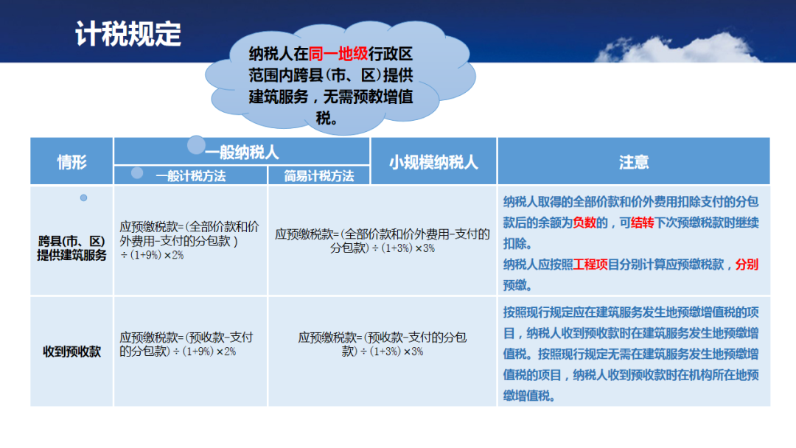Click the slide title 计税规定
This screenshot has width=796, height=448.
pyautogui.click(x=128, y=34)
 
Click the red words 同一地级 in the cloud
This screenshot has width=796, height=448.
pyautogui.click(x=338, y=54)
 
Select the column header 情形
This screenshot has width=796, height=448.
pyautogui.click(x=71, y=162)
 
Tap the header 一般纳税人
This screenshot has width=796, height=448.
pyautogui.click(x=242, y=153)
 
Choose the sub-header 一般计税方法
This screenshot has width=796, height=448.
pyautogui.click(x=191, y=176)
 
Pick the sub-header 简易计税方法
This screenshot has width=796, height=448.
pyautogui.click(x=319, y=176)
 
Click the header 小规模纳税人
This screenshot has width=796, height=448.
pyautogui.click(x=433, y=162)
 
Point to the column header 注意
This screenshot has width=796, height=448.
pyautogui.click(x=634, y=162)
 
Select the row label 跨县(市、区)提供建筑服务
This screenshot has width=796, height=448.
pyautogui.click(x=71, y=248)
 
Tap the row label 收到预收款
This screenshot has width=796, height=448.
pyautogui.click(x=71, y=351)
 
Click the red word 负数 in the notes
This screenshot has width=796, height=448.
pyautogui.click(x=584, y=223)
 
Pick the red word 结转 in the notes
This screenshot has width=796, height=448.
pyautogui.click(x=642, y=223)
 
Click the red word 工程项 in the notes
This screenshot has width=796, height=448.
pyautogui.click(x=590, y=265)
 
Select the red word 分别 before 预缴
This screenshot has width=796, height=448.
pyautogui.click(x=747, y=265)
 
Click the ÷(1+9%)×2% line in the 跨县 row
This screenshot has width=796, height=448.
pyautogui.click(x=152, y=255)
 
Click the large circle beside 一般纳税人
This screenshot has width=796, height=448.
pyautogui.click(x=197, y=145)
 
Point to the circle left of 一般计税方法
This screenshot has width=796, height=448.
pyautogui.click(x=137, y=173)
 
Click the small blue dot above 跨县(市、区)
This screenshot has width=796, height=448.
pyautogui.click(x=84, y=198)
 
